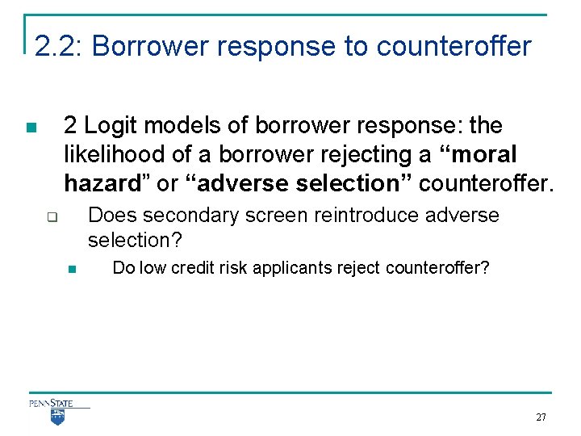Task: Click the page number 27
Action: click(x=541, y=417)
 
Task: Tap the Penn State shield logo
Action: click(x=57, y=417)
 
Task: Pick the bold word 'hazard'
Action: click(x=104, y=183)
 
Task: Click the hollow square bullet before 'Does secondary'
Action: click(x=50, y=217)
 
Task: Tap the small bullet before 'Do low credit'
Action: click(x=70, y=269)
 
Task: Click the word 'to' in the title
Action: click(x=355, y=46)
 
